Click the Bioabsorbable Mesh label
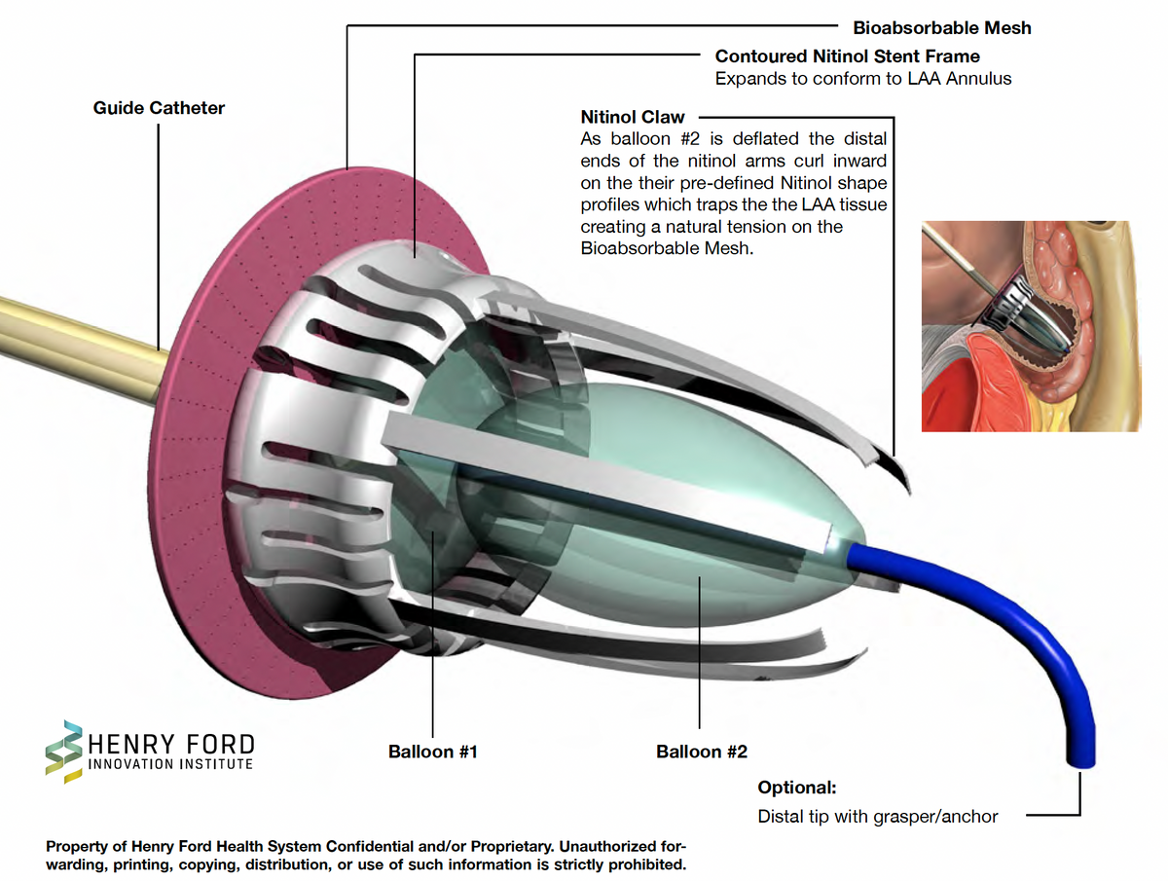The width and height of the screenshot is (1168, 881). (x=942, y=27)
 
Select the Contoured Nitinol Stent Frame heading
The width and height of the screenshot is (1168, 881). (x=847, y=55)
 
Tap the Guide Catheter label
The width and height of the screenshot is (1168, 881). (x=159, y=108)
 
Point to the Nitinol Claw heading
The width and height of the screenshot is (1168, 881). (x=632, y=117)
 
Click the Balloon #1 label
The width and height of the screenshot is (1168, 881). (x=432, y=752)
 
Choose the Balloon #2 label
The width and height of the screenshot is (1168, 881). (x=702, y=752)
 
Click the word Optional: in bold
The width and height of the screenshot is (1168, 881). (x=796, y=788)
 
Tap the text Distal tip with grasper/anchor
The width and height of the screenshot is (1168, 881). (x=878, y=816)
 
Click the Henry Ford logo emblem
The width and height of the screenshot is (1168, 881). (x=64, y=752)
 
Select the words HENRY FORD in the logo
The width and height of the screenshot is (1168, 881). (x=171, y=745)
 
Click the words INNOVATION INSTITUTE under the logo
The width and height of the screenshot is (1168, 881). (x=170, y=764)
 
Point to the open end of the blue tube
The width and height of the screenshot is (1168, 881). (x=1080, y=763)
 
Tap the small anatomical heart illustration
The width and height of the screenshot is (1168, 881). (x=1031, y=326)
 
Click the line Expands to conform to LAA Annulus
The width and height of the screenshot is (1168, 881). (x=863, y=79)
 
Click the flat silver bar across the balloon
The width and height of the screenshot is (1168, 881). (x=606, y=482)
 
